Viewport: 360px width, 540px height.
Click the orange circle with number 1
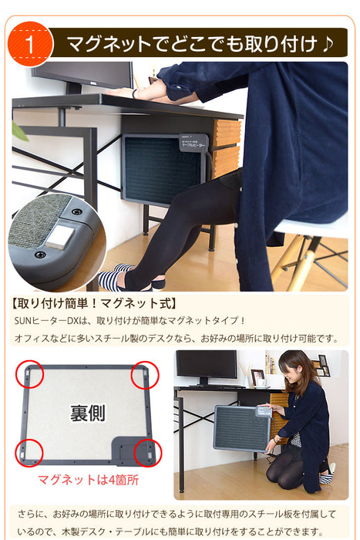pos(30,44)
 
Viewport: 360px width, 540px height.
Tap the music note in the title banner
pos(328,44)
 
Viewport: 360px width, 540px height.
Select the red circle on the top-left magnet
pos(29,374)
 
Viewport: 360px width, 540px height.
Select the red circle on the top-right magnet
pos(145,376)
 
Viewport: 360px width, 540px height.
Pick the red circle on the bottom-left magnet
pos(29,453)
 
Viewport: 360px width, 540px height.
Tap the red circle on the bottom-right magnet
pos(148,453)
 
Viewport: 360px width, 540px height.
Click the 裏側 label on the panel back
pos(88,413)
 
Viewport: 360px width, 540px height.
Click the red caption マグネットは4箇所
pos(88,480)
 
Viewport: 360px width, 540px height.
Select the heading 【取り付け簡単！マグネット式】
pos(94,304)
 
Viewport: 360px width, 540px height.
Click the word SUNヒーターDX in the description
pos(47,321)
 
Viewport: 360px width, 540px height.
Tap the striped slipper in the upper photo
pos(113,277)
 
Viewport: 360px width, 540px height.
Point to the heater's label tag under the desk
pos(193,143)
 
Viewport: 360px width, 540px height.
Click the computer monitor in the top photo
pos(82,75)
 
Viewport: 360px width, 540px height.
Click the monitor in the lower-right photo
pos(207,364)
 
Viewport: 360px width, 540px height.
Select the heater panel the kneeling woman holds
pos(242,427)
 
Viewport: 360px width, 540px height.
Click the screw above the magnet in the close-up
pos(76,211)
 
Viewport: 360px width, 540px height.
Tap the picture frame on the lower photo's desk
pos(257,378)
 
